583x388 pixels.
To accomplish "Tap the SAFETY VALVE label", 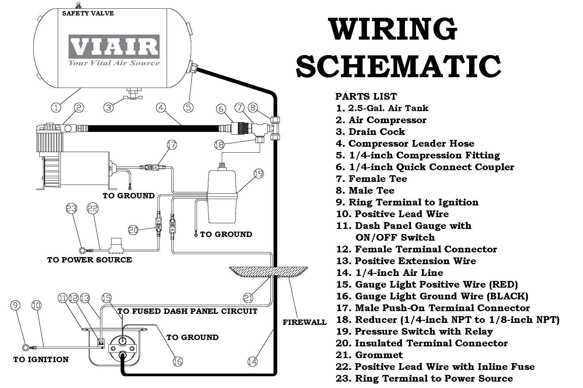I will (88, 13).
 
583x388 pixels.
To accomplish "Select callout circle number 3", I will (109, 107).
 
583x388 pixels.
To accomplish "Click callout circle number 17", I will (172, 145).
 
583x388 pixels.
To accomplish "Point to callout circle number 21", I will (248, 298).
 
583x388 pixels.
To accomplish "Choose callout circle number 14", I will (252, 361).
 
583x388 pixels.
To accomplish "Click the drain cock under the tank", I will (132, 94).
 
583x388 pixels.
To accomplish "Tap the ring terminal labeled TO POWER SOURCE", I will (82, 249).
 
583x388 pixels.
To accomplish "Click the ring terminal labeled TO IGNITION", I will (25, 347).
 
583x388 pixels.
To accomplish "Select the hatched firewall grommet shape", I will (268, 272).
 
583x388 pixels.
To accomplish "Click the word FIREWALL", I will (304, 322).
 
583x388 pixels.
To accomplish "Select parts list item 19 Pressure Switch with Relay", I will (414, 332).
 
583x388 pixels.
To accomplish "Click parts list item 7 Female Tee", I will (371, 179).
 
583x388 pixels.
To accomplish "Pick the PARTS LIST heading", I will (366, 97).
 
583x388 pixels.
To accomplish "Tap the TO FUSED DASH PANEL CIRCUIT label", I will (188, 311).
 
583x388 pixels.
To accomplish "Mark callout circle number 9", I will (15, 305).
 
